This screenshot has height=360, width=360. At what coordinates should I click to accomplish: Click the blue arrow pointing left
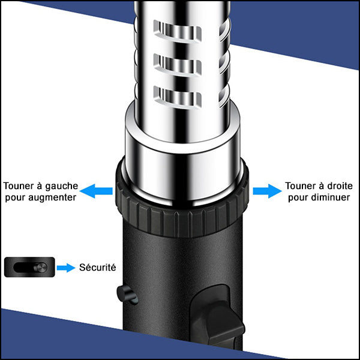tap(96, 191)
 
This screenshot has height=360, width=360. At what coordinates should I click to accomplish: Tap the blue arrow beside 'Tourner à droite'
tap(266, 191)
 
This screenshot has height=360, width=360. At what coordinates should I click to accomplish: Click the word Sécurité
tap(98, 268)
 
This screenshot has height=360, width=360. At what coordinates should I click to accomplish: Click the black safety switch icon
tap(29, 267)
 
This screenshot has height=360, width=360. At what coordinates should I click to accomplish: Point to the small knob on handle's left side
tap(124, 293)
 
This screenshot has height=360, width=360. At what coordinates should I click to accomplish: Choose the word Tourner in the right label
tap(299, 186)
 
